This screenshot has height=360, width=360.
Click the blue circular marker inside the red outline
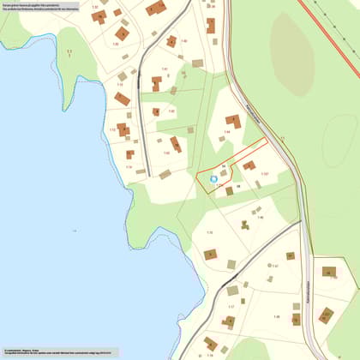213,179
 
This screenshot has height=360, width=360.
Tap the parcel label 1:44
227,132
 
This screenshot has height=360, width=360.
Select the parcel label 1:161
265,174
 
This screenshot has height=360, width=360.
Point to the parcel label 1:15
209,232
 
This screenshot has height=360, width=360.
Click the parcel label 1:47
275,267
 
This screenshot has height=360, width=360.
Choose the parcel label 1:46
261,218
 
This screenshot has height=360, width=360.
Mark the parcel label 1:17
231,306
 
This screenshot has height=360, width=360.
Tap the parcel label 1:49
277,317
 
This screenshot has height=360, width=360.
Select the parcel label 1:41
164,69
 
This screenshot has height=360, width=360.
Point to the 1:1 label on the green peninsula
75,231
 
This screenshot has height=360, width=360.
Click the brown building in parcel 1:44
232,122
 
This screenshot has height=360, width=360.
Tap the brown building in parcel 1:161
249,165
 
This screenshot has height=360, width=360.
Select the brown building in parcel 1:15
210,254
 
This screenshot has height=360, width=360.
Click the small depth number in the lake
75,231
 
